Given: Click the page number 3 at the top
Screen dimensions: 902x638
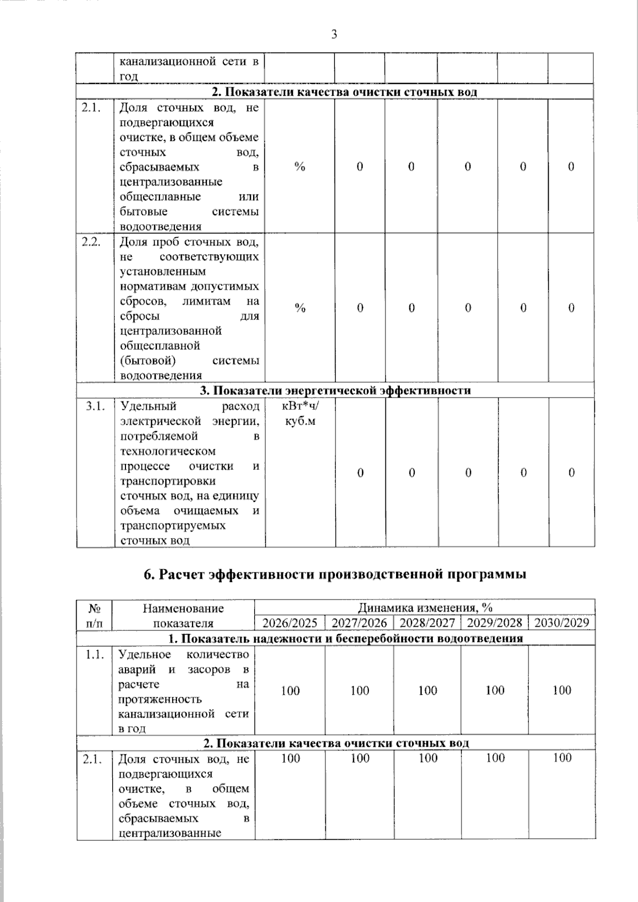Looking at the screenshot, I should [x=334, y=35].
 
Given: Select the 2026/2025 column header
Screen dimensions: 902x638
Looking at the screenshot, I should [x=290, y=622].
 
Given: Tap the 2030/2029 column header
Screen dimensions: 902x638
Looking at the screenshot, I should [x=561, y=622].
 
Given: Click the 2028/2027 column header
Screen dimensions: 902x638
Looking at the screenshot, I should [x=427, y=622].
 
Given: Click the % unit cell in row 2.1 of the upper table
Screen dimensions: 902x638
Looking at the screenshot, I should [x=300, y=167].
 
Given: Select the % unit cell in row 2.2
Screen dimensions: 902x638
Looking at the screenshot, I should [x=300, y=308].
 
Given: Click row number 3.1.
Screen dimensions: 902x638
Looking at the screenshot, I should [x=95, y=407].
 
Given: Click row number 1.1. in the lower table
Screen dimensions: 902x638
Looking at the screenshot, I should [x=94, y=654].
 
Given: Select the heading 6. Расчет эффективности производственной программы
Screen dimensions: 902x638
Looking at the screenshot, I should [x=335, y=575].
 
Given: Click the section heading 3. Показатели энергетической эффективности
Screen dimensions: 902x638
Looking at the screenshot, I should [x=335, y=390].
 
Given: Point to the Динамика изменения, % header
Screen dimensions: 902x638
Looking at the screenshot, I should [x=424, y=608].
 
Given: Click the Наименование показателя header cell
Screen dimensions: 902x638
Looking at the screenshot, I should [x=183, y=616].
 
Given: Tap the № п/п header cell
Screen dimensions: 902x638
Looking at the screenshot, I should [x=94, y=616].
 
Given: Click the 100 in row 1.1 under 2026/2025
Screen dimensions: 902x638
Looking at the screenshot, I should [x=290, y=691].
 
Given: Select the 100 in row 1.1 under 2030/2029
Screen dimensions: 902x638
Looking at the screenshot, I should [x=561, y=690].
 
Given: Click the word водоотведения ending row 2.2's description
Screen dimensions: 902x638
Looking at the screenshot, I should [x=153, y=376].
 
